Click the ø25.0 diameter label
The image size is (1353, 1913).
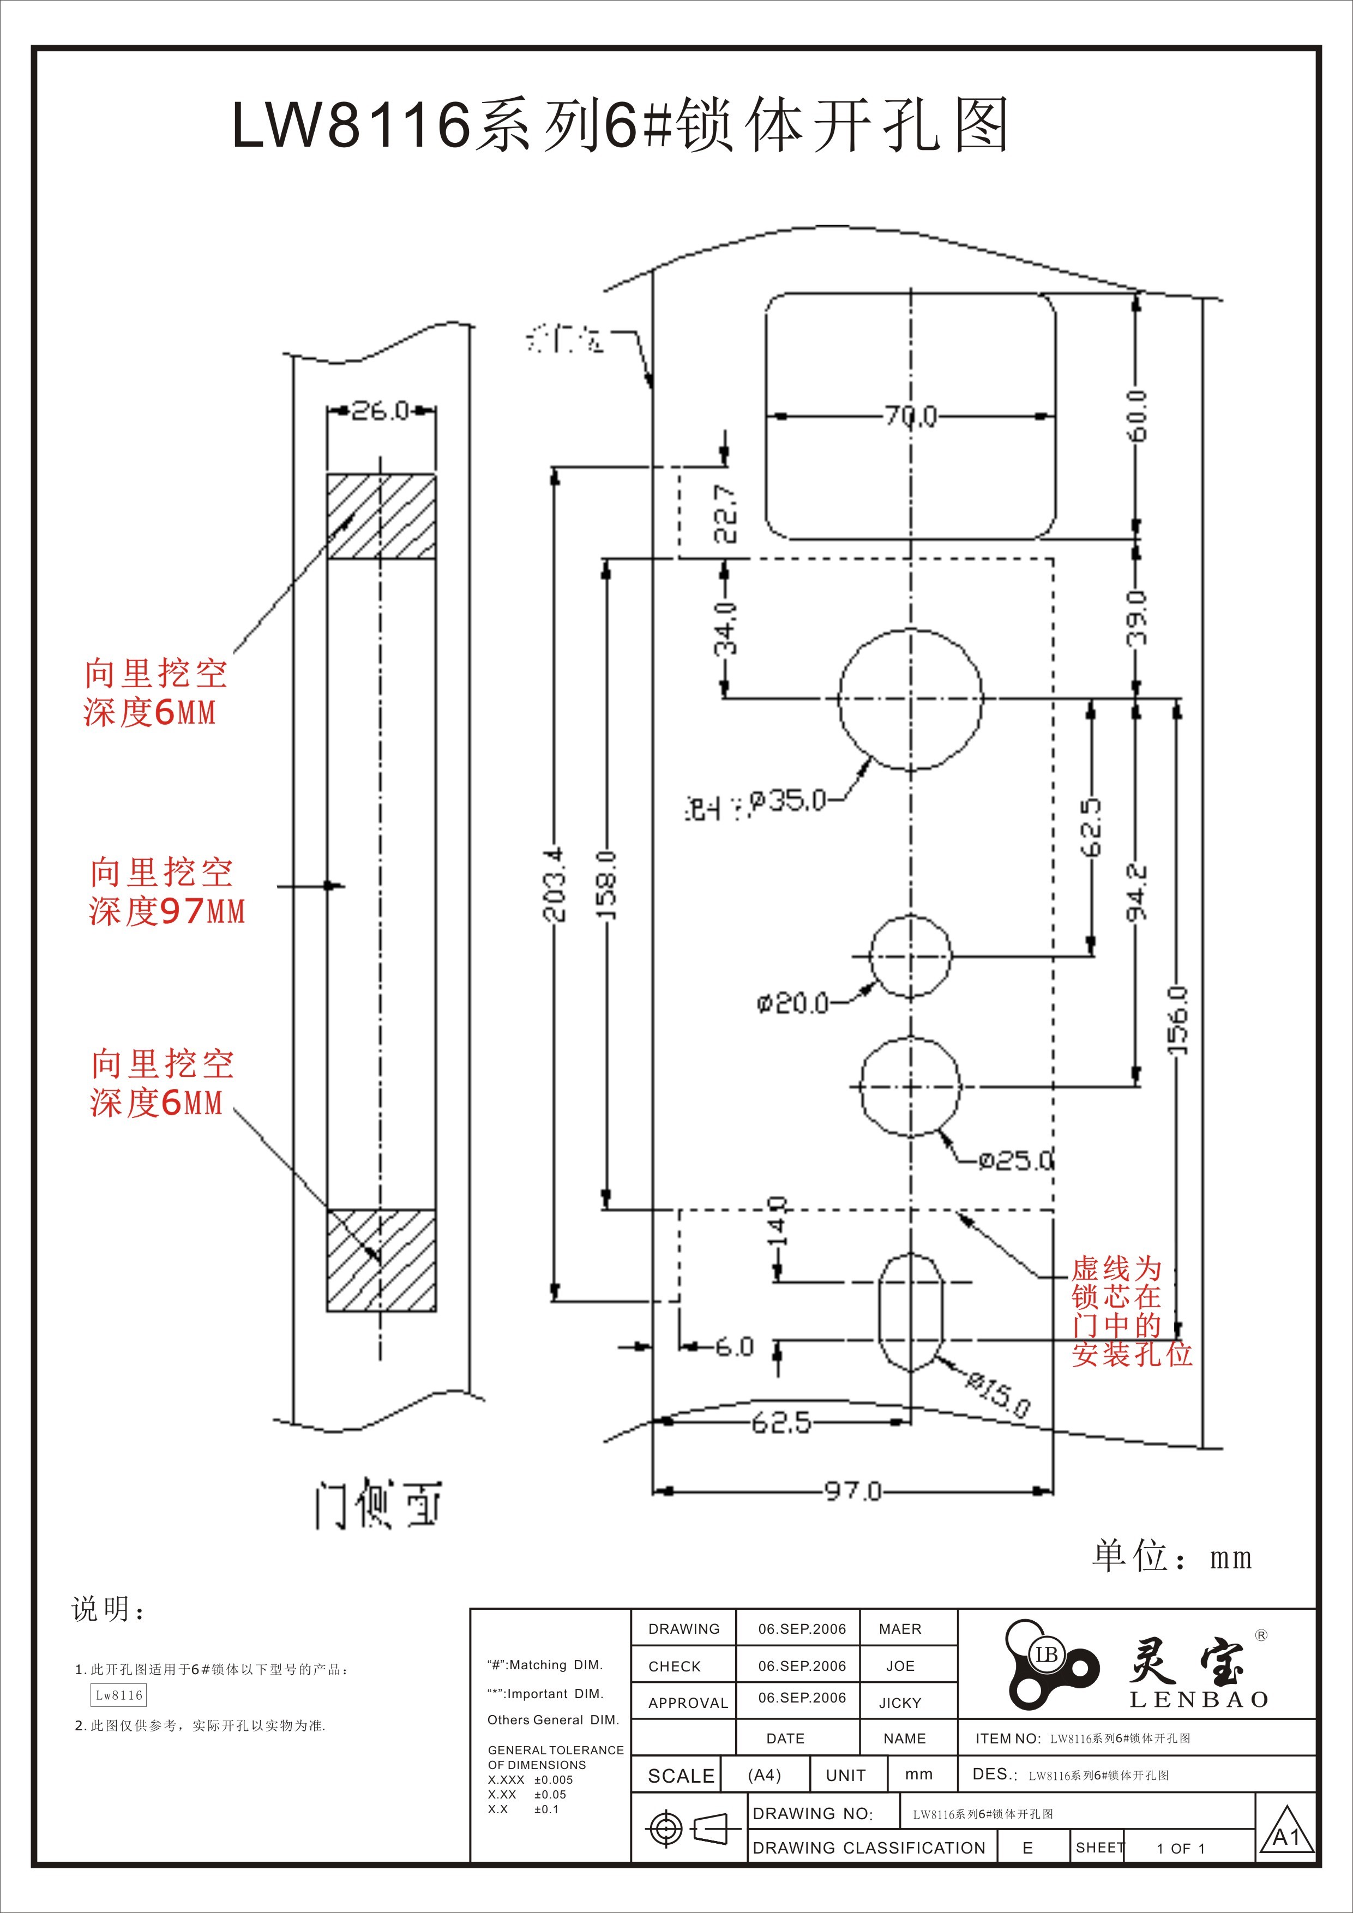1015,1160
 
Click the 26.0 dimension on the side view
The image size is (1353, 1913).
380,410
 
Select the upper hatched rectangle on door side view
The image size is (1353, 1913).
381,516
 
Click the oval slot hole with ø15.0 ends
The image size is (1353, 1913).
911,1312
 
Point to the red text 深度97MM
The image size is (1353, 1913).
167,911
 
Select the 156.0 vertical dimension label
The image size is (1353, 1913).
1177,1018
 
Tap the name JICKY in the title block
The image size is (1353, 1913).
900,1703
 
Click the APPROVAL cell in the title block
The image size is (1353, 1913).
687,1703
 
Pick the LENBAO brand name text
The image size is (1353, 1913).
1199,1700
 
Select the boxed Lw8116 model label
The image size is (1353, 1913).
118,1695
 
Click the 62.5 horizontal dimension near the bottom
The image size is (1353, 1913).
780,1422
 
